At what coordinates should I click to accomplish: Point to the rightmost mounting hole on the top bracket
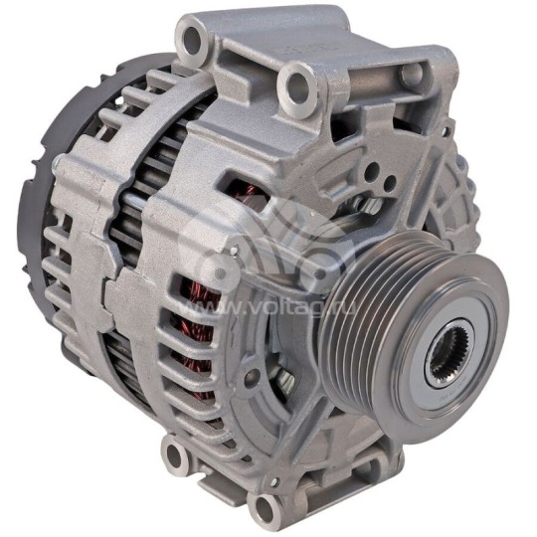[410, 75]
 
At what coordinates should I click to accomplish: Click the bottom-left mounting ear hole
[175, 455]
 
